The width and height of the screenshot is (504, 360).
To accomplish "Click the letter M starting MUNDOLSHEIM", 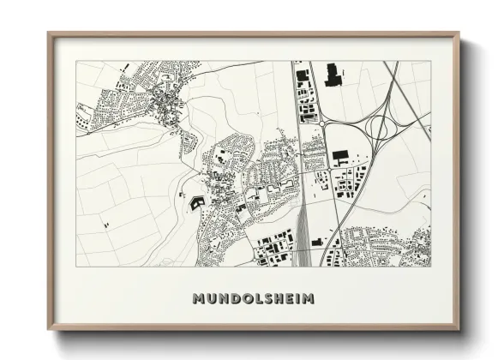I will click(199, 299).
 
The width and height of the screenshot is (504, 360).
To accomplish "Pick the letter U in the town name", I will click(211, 299).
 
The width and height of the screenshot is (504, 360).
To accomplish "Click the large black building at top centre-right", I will click(333, 75).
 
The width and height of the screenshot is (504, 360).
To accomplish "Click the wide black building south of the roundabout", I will click(340, 155).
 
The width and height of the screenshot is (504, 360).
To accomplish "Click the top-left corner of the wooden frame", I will click(49, 34).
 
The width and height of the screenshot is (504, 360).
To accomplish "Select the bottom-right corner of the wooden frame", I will click(459, 328).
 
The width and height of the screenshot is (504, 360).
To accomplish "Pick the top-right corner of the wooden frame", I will click(459, 34).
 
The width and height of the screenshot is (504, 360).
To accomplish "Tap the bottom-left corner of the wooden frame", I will click(49, 328).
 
